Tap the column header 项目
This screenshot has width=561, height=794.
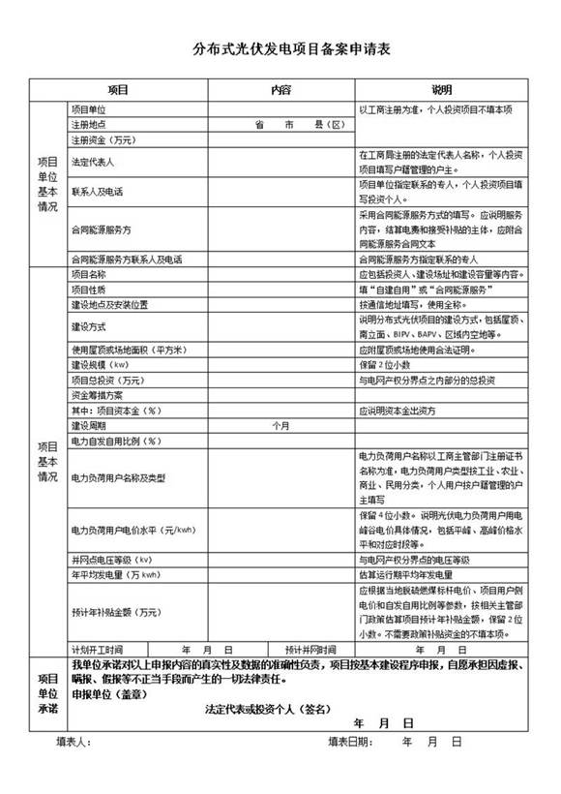tap(119, 89)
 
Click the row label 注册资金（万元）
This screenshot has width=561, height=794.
tap(103, 139)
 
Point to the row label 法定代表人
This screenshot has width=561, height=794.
tap(92, 163)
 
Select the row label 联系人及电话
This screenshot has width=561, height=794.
tap(97, 192)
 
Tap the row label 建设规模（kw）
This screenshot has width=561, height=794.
tap(100, 365)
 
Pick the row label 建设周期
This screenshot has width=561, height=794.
tap(88, 425)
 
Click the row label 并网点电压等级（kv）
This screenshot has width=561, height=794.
tap(112, 560)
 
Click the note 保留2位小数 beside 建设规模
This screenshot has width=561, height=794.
tap(384, 365)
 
